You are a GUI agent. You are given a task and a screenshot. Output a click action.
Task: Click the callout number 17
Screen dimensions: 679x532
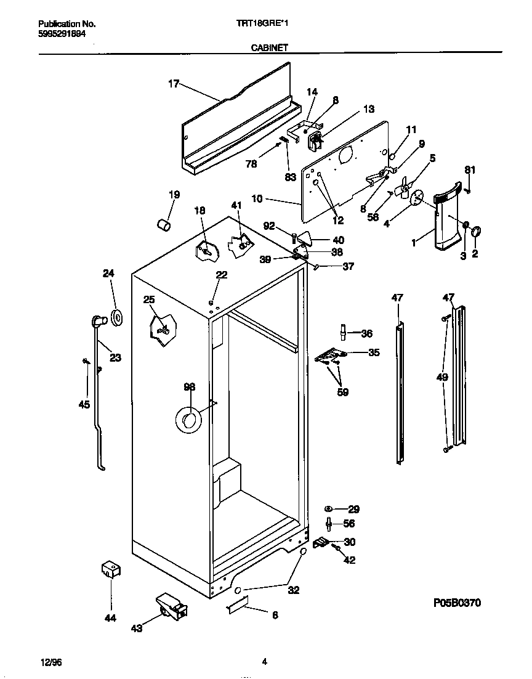(174, 84)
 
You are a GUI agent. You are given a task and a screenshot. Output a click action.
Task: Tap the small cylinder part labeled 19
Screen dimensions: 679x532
(164, 225)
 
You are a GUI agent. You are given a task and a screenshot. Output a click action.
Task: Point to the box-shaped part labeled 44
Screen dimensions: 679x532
(110, 569)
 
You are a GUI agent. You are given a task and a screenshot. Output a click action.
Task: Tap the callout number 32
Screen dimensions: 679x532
(294, 590)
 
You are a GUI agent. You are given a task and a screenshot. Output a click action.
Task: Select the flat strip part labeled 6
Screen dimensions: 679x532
(237, 604)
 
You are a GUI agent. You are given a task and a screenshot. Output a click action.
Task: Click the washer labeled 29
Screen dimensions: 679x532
(329, 509)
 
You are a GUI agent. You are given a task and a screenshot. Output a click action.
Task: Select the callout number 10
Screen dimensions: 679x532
(257, 199)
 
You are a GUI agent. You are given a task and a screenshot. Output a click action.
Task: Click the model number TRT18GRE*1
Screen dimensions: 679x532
(270, 23)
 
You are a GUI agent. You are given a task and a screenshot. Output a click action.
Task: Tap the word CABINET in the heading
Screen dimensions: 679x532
(270, 47)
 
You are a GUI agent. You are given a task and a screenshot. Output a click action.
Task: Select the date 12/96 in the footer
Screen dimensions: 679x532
(52, 662)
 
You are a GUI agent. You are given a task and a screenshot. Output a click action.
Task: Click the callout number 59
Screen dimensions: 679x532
(342, 392)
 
